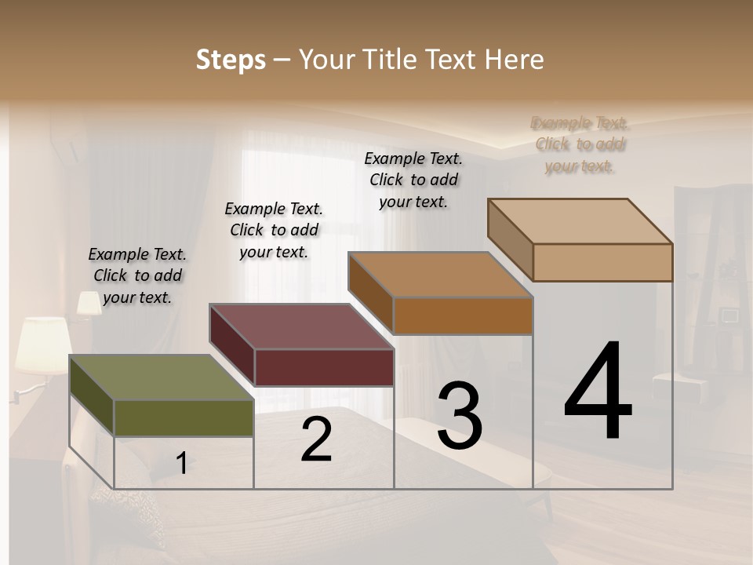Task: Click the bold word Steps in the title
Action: click(x=231, y=60)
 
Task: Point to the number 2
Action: click(x=317, y=439)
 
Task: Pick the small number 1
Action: click(x=181, y=464)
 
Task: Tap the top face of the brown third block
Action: click(x=440, y=275)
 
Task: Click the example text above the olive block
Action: click(x=137, y=275)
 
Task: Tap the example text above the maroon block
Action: click(x=274, y=230)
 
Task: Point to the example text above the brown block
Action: click(x=413, y=180)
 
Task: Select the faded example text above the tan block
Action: click(x=580, y=144)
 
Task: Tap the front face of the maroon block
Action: click(x=324, y=367)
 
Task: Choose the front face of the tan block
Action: click(x=602, y=262)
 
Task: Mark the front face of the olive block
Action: click(x=184, y=417)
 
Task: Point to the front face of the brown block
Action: click(x=463, y=315)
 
